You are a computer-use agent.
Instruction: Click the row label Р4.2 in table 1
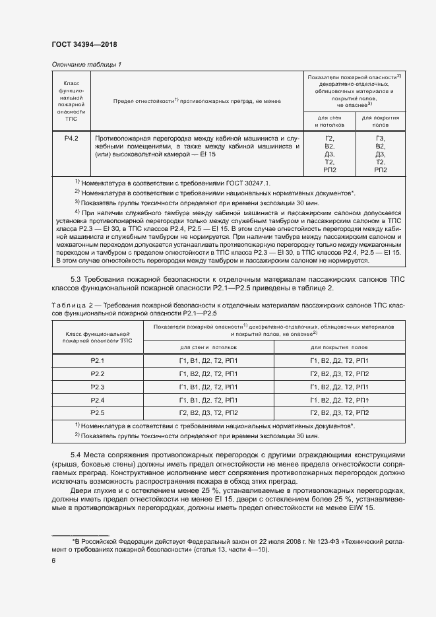point(71,139)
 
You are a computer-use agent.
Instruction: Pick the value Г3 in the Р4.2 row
point(380,139)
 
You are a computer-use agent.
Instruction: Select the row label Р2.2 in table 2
point(98,373)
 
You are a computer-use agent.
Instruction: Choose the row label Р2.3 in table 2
point(98,387)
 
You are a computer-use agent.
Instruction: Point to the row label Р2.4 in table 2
point(98,400)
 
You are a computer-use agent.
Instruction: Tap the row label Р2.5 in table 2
point(98,412)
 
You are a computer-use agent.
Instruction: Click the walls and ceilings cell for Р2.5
point(208,412)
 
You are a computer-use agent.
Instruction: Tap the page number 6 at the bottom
point(53,560)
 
